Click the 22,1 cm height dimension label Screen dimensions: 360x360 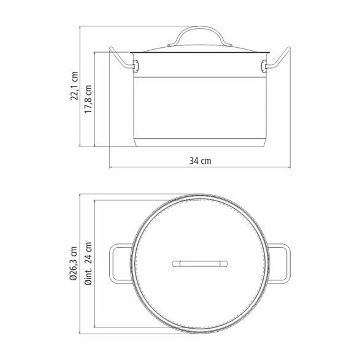click(74, 86)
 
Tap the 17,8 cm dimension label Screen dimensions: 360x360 click(88, 99)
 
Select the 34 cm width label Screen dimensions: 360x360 click(200, 161)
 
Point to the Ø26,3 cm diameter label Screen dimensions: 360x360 click(74, 264)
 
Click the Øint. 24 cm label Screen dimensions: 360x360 click(88, 263)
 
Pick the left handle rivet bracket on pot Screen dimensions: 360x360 click(136, 66)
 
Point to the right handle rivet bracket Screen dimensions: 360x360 click(264, 66)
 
